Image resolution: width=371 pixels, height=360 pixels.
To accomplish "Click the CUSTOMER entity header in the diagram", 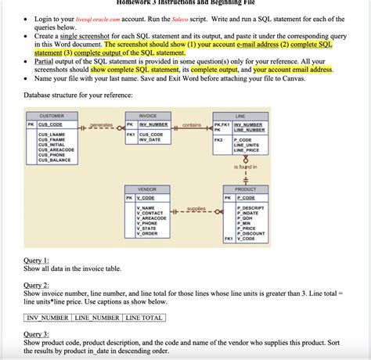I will click(52, 115).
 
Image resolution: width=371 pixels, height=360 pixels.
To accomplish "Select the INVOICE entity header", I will click(147, 115).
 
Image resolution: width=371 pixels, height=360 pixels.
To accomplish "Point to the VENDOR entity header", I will click(147, 189).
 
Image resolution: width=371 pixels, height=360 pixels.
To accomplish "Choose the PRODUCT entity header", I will click(245, 189).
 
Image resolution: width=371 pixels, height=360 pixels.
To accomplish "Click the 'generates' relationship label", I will click(101, 124).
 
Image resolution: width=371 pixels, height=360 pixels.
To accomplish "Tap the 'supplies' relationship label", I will click(196, 209).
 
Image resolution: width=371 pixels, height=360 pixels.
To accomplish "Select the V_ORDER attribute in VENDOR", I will click(146, 233).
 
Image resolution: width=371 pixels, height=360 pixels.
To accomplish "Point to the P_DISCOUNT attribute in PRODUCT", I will click(250, 233).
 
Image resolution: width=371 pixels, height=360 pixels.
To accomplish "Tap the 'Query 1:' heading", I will click(37, 259).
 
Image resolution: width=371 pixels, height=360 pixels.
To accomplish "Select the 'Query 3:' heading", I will click(37, 333).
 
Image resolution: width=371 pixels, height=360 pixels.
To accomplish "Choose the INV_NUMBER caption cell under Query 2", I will click(48, 318).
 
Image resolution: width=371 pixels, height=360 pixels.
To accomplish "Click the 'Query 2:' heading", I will click(37, 285).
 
